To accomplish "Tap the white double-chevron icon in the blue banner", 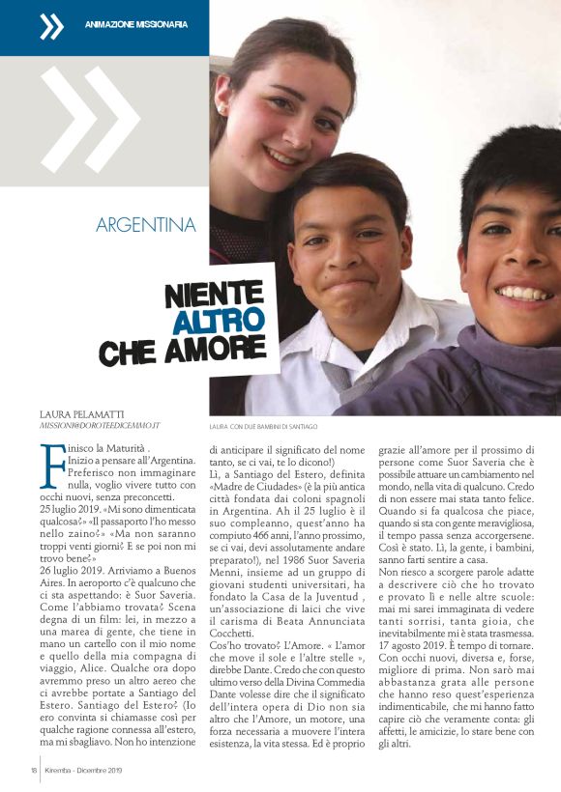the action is (x=50, y=26).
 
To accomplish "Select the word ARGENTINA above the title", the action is (x=146, y=226).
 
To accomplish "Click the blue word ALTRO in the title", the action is (x=219, y=320).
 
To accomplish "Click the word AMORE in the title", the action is (x=222, y=349).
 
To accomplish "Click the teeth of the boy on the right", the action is (x=523, y=293).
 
